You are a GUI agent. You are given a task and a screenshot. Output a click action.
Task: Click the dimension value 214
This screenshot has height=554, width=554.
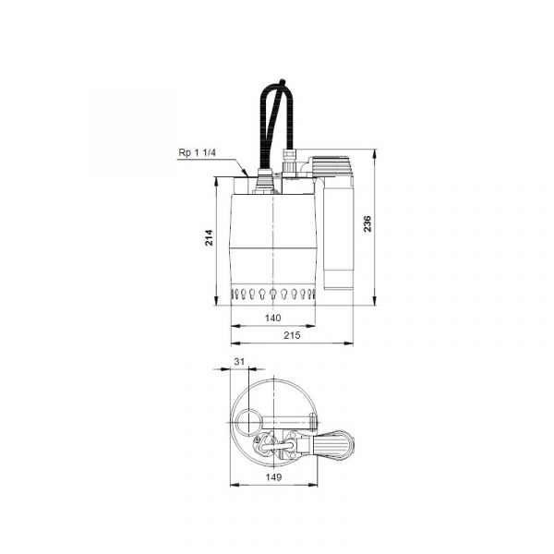coord(210,237)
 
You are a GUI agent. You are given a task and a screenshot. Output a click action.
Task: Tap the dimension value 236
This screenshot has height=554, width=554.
coord(367,223)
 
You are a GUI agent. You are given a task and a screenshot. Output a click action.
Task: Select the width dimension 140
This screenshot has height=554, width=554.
coord(272,318)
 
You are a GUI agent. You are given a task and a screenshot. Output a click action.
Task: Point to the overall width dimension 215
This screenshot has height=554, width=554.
coord(292,335)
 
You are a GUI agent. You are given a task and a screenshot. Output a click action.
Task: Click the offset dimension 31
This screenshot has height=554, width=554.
coord(239,361)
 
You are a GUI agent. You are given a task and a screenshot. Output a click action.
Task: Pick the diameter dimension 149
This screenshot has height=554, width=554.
coord(273,477)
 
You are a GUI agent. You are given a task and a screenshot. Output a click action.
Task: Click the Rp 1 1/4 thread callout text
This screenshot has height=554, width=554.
coord(197,152)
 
